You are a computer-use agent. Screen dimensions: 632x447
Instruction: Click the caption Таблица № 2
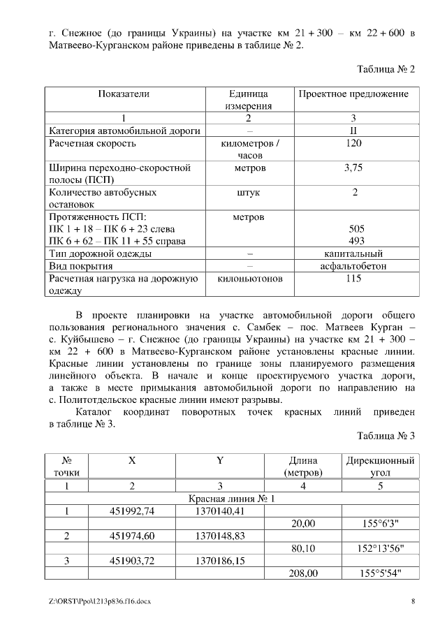[386, 70]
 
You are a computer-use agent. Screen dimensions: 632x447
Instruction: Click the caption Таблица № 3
[386, 436]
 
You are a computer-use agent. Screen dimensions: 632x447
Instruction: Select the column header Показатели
[124, 94]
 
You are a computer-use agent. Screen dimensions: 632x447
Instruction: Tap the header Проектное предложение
[353, 94]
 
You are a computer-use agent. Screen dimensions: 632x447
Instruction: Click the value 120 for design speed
[353, 144]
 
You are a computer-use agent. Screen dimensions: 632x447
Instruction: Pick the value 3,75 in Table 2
[353, 168]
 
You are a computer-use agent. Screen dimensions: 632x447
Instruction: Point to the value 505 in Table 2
[356, 229]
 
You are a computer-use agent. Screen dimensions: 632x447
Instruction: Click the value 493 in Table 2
[356, 241]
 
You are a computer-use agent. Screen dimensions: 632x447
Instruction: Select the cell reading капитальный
[353, 253]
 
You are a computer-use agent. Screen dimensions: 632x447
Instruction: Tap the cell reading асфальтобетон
[353, 266]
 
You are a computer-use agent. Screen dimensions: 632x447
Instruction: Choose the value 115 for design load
[353, 279]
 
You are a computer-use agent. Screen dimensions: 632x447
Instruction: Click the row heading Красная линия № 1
[232, 499]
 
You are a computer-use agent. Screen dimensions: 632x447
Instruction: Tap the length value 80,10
[303, 548]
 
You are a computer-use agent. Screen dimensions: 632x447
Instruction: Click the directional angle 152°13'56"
[380, 548]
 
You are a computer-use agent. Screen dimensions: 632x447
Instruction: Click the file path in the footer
[95, 601]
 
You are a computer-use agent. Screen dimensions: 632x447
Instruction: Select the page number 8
[413, 601]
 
